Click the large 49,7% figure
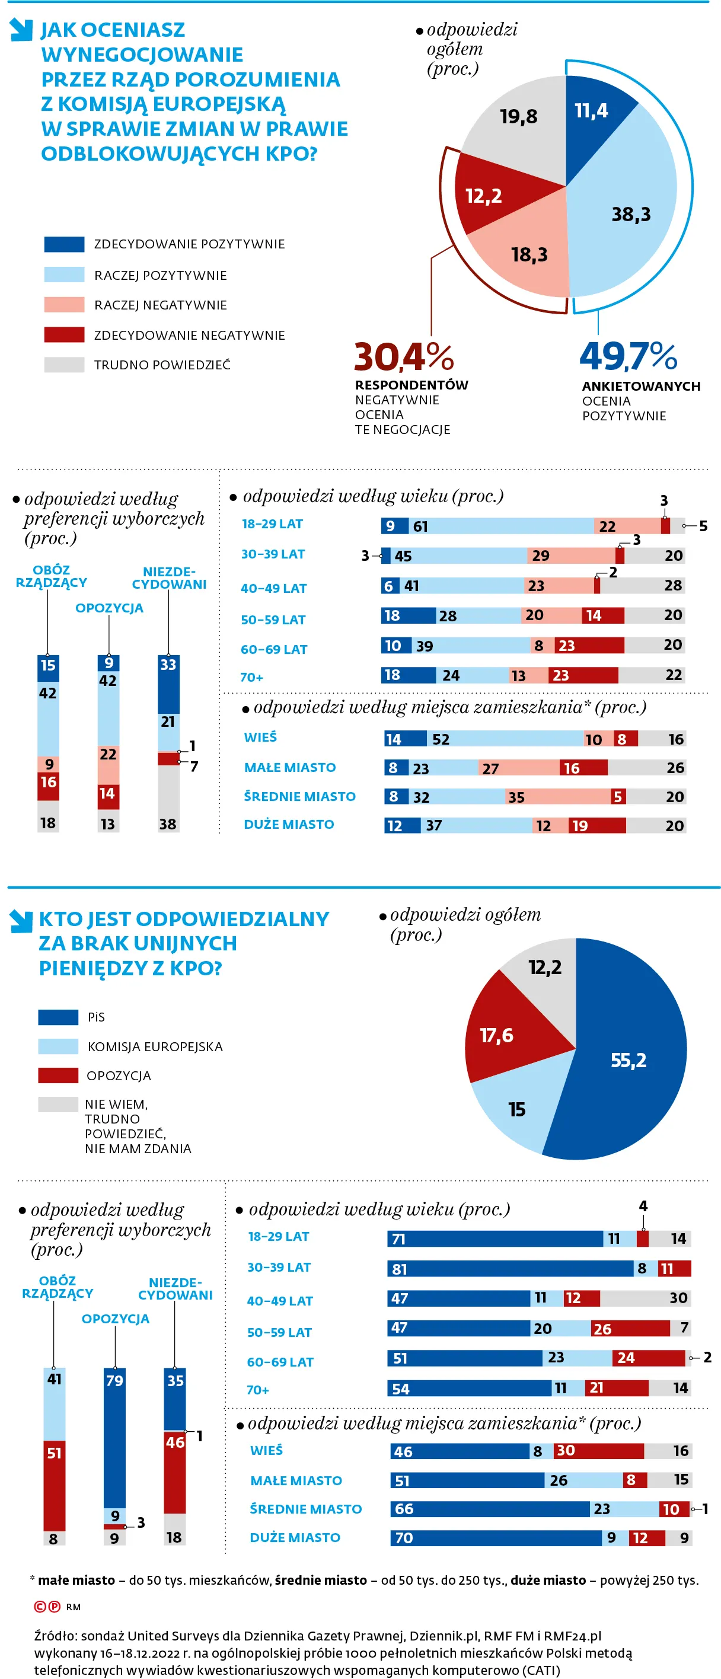pyautogui.click(x=629, y=356)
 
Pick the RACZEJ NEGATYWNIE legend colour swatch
pyautogui.click(x=64, y=304)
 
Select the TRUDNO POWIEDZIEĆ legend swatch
pyautogui.click(x=64, y=365)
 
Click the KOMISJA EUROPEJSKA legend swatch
pyautogui.click(x=58, y=1046)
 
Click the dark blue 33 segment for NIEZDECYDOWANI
pyautogui.click(x=168, y=684)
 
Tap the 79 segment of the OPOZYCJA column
pyautogui.click(x=115, y=1434)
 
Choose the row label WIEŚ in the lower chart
pyautogui.click(x=266, y=1450)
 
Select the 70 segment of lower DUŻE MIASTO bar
pyautogui.click(x=496, y=1537)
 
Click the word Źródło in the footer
pyautogui.click(x=54, y=1635)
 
